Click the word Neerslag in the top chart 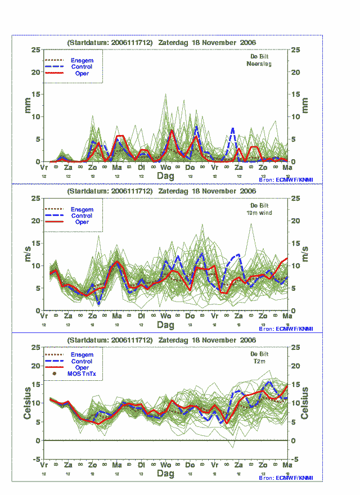(259, 64)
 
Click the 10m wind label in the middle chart (259, 213)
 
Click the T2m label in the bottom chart (259, 362)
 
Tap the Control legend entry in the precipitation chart (82, 67)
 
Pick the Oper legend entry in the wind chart (82, 222)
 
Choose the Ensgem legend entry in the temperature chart (82, 355)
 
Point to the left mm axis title (28, 105)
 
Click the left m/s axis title (28, 254)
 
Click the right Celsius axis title (304, 403)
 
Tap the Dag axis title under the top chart (165, 176)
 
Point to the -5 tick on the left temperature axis (35, 459)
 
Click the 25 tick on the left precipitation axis (35, 49)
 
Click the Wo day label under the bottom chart (165, 466)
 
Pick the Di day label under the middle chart (141, 317)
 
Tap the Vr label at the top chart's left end (44, 168)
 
